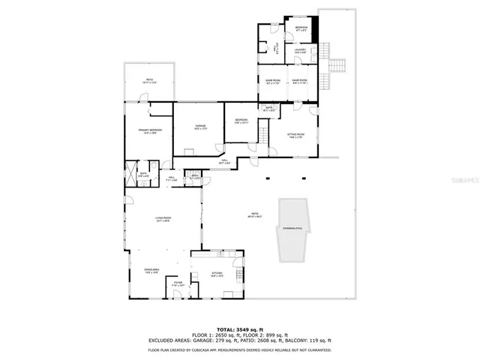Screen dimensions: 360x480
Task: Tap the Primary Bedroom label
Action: (x=151, y=131)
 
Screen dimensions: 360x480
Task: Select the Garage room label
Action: (x=200, y=127)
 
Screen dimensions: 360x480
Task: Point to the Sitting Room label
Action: (x=295, y=135)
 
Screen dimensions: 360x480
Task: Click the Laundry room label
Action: (x=300, y=51)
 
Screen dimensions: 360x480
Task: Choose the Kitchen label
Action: (x=217, y=274)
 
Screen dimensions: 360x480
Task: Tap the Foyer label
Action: (x=178, y=284)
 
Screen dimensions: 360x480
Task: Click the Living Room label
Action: (x=163, y=219)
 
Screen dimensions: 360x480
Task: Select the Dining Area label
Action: (x=152, y=271)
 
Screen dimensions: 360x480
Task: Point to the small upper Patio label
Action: (x=149, y=79)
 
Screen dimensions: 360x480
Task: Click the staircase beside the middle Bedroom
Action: (x=262, y=137)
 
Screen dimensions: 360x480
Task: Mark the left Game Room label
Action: (x=272, y=81)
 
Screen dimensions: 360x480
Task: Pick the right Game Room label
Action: (x=300, y=81)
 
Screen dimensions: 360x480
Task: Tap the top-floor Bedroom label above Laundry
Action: (x=301, y=28)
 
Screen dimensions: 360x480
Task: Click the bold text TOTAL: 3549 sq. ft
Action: (x=240, y=329)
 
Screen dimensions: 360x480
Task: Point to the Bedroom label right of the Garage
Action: (x=241, y=121)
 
